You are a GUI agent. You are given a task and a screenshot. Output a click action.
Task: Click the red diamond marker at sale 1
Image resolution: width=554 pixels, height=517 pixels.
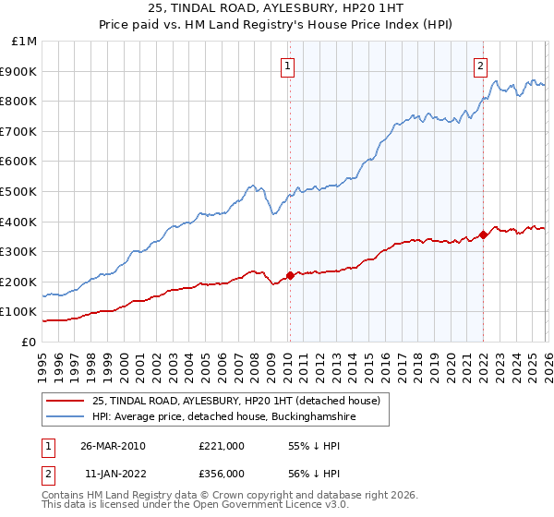pos(290,275)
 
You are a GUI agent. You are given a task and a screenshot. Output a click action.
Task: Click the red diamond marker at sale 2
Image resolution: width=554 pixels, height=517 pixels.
pos(483,234)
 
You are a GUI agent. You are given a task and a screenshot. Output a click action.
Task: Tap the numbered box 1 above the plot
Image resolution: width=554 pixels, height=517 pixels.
pos(289,66)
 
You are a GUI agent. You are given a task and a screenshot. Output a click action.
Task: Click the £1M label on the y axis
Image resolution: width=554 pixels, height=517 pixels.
pos(25,41)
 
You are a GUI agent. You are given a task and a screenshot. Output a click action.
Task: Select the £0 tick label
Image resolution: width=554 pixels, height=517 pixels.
pos(30,342)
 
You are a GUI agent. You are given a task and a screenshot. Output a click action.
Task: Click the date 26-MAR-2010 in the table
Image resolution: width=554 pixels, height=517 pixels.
pos(113,446)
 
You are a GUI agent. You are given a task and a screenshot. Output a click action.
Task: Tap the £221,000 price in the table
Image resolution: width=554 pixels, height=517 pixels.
pos(222,446)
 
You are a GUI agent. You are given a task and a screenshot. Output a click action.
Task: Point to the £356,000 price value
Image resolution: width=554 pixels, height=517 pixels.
pos(222,473)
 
